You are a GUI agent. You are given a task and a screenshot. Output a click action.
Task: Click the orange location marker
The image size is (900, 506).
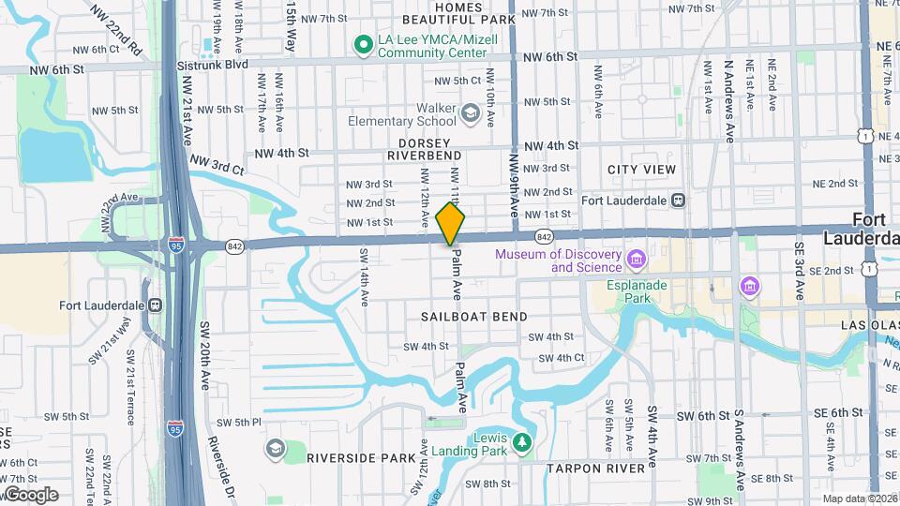coord(451,224)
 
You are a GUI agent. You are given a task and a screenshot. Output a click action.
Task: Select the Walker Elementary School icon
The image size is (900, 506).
coord(470,114)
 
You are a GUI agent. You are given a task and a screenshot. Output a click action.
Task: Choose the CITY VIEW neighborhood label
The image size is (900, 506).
coord(641,170)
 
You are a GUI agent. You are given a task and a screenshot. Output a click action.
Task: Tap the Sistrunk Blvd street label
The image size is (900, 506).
coord(211,66)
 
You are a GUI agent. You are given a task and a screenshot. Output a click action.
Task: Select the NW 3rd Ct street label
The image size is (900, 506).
coord(217,166)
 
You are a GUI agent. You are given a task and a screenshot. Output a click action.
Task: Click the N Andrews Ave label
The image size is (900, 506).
coord(728,102)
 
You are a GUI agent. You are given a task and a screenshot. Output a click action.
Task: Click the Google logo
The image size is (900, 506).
coord(30,494)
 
